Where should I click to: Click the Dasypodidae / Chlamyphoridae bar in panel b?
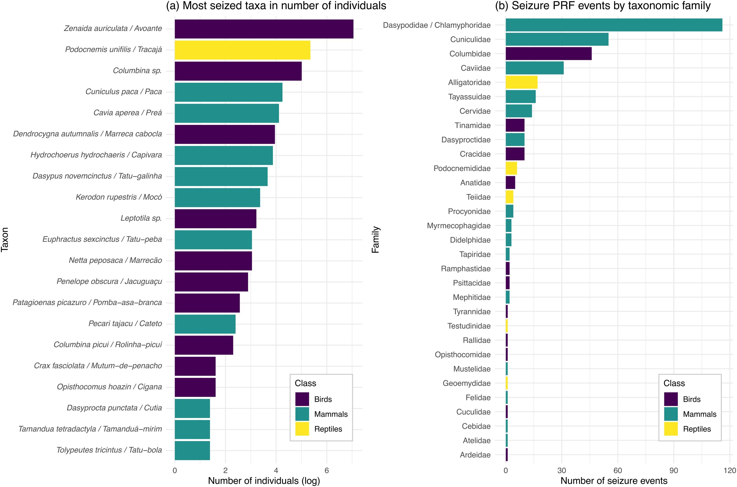tap(614, 25)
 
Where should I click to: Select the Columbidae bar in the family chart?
tap(549, 54)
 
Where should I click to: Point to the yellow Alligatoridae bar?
tap(521, 82)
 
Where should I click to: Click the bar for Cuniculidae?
tap(557, 39)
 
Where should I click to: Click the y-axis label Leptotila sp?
tap(141, 218)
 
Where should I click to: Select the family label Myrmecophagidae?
tap(459, 226)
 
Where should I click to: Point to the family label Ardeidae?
tap(475, 455)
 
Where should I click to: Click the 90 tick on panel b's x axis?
tap(674, 470)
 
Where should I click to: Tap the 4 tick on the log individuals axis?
tap(276, 470)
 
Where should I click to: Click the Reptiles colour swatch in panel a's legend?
tap(302, 429)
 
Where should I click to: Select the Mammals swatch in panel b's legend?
tap(671, 414)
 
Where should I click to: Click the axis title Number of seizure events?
tap(614, 481)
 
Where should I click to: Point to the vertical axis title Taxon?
tap(5, 239)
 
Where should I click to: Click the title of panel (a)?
tap(276, 6)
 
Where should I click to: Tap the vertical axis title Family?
tap(375, 239)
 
